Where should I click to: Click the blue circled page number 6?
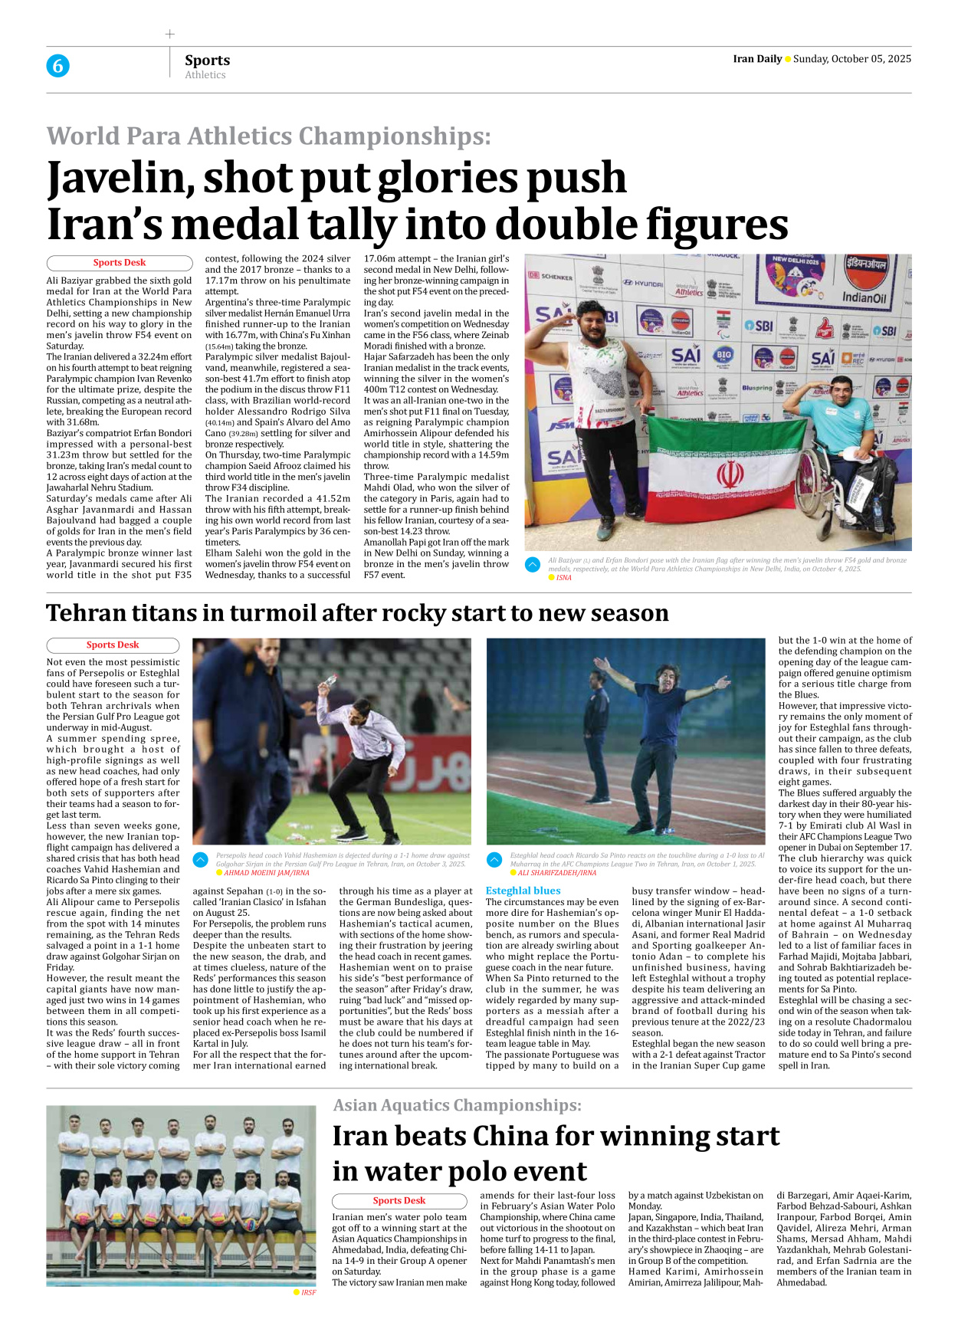coord(57,66)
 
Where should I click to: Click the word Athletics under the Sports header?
coord(205,75)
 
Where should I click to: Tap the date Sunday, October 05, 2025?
coord(851,59)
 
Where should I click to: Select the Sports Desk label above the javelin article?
coord(120,263)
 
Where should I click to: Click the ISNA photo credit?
coord(564,578)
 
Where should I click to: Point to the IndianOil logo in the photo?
coord(864,297)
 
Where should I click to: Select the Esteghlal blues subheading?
coord(523,891)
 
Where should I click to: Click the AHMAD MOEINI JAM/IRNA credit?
coord(267,873)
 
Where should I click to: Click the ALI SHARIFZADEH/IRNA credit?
coord(556,873)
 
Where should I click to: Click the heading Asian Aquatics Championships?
coord(457,1105)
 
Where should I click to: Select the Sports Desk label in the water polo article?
coord(399,1201)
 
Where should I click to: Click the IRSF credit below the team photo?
coord(308,1292)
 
